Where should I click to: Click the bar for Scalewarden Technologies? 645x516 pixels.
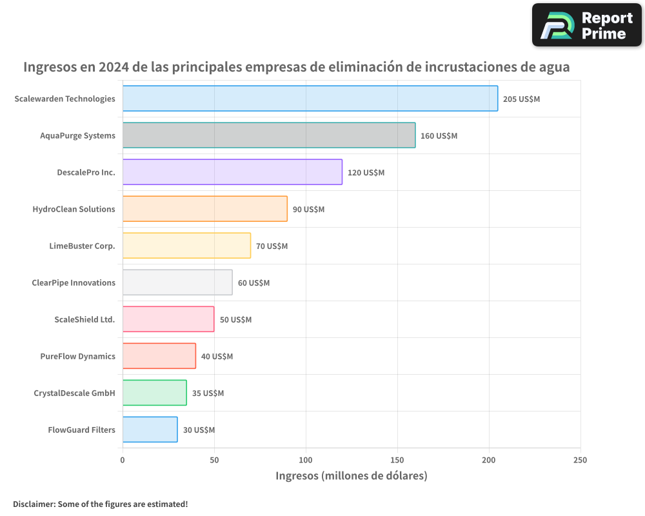point(310,99)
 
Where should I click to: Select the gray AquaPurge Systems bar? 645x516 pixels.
point(268,135)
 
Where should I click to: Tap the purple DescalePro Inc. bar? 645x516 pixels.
point(232,172)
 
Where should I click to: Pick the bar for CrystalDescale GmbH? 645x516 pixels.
point(154,393)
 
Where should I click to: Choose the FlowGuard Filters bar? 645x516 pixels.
point(150,430)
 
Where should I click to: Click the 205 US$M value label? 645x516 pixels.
point(521,99)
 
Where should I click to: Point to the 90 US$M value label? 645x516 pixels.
point(308,210)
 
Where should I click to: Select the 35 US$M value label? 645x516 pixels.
point(208,393)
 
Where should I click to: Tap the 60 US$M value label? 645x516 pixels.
point(253,283)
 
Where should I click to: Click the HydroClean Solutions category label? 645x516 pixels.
point(74,209)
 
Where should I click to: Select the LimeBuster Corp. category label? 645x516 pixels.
point(82,246)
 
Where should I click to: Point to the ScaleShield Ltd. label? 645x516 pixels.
point(84,319)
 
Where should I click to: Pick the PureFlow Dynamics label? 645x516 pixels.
point(77,356)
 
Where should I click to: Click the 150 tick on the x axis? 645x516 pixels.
point(397,460)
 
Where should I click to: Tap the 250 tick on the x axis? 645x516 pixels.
point(580,460)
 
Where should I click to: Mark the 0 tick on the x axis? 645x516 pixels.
point(123,460)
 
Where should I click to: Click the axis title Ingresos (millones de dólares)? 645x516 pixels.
point(352,476)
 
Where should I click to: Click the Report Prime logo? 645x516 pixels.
point(586,25)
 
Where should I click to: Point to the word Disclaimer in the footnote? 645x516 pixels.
point(34,504)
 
